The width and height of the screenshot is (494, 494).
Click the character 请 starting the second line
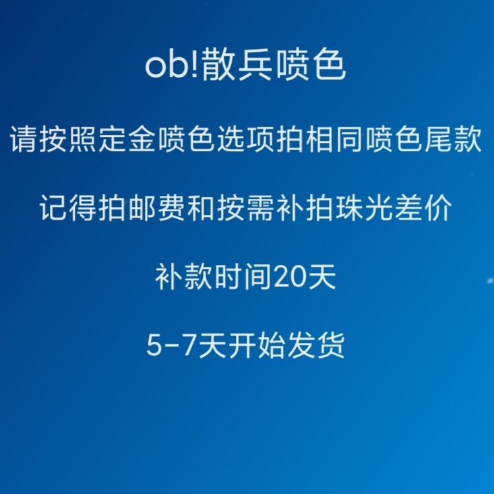[24, 139]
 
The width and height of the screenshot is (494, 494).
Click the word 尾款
[453, 139]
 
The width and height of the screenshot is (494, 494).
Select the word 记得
[68, 208]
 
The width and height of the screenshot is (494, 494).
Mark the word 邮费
[157, 208]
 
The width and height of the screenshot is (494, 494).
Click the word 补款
[184, 277]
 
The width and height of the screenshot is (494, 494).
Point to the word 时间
[243, 277]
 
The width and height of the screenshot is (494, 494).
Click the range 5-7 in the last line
[171, 346]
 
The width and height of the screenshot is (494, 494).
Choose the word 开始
[257, 346]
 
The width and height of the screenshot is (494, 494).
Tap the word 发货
[316, 346]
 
